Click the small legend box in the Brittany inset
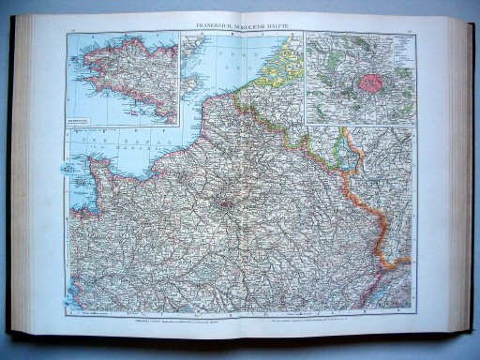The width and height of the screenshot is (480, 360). tap(89, 116)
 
